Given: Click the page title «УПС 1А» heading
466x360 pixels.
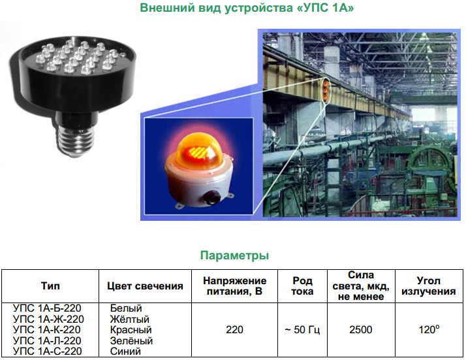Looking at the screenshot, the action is (x=247, y=8).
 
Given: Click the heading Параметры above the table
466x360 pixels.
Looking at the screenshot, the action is (x=234, y=255).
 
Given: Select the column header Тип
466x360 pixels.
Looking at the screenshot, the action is (x=50, y=286).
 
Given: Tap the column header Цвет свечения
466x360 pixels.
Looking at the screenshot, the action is (x=145, y=286).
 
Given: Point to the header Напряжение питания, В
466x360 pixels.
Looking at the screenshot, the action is (x=234, y=286).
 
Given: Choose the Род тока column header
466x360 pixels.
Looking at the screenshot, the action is (x=302, y=286).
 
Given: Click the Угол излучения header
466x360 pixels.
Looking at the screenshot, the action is (x=429, y=286).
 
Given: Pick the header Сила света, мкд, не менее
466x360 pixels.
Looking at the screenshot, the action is (x=361, y=286).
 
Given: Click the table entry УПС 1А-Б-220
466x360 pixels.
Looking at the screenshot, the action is (x=47, y=308).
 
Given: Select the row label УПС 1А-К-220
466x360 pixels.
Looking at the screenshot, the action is (x=46, y=330).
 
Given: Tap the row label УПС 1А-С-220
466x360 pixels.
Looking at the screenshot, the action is (x=47, y=351).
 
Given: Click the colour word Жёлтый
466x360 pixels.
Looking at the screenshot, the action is (x=130, y=319).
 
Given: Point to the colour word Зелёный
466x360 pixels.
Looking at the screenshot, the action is (x=131, y=340).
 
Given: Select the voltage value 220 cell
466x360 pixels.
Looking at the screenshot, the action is (x=234, y=330).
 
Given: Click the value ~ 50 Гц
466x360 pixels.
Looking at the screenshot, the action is (x=302, y=330).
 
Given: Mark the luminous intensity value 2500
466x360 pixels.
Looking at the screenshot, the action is (x=361, y=330).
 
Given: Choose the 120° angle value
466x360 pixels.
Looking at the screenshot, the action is (x=429, y=329).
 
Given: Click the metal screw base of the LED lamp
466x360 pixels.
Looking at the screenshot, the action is (x=76, y=140).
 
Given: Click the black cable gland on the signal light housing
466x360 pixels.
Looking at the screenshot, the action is (x=210, y=197).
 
